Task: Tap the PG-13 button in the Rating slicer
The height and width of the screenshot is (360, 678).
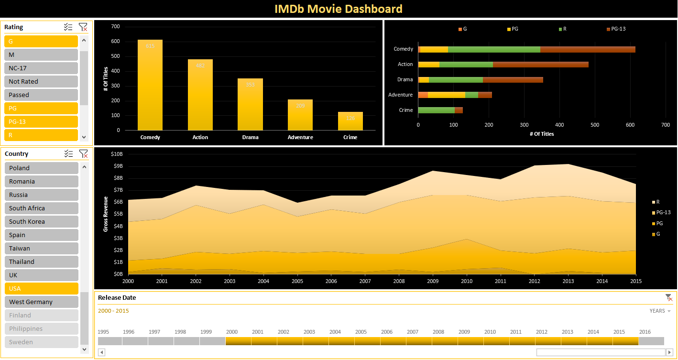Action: pyautogui.click(x=41, y=121)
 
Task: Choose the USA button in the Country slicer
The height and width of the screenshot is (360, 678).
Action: pyautogui.click(x=41, y=288)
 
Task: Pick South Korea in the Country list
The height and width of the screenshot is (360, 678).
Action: pyautogui.click(x=41, y=221)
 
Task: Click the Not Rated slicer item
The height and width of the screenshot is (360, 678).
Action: pyautogui.click(x=41, y=81)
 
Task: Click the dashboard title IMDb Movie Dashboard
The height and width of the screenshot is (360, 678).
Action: pyautogui.click(x=339, y=9)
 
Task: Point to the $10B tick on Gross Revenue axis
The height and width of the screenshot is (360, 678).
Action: pyautogui.click(x=117, y=154)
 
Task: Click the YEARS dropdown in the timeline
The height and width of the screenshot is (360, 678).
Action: pyautogui.click(x=660, y=311)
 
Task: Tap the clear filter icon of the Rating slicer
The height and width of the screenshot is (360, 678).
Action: pyautogui.click(x=83, y=27)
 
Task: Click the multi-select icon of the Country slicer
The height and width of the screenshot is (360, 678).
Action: pyautogui.click(x=68, y=153)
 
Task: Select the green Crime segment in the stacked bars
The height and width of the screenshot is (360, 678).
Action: pyautogui.click(x=436, y=110)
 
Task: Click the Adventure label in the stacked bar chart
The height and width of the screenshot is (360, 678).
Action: pyautogui.click(x=400, y=95)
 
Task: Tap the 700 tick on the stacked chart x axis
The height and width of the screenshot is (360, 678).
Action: pyautogui.click(x=666, y=125)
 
